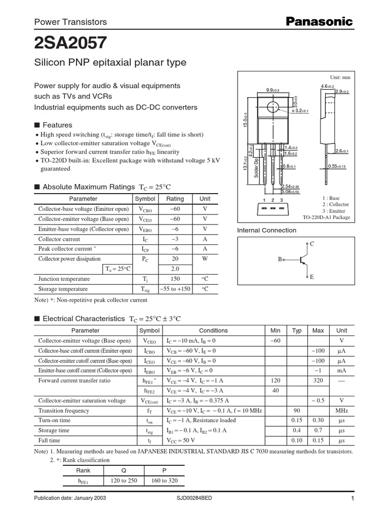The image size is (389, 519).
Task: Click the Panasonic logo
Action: [320, 21]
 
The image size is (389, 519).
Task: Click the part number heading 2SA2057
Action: [70, 44]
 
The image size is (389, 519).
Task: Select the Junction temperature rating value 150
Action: [175, 279]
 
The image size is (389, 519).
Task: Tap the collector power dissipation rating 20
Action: [175, 258]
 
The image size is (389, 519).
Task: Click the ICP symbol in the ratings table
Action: [145, 249]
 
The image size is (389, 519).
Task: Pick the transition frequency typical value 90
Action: [297, 411]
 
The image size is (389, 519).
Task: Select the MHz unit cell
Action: [342, 411]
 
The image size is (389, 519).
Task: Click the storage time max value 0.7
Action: [318, 430]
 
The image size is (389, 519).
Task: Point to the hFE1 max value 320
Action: [318, 380]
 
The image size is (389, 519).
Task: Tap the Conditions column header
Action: [213, 330]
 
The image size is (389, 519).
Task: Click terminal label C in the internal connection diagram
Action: [312, 244]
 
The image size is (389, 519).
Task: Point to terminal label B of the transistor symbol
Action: [279, 259]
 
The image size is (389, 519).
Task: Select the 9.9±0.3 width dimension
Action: [273, 90]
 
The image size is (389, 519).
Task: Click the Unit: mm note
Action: [340, 77]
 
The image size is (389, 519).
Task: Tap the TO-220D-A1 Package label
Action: [326, 217]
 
